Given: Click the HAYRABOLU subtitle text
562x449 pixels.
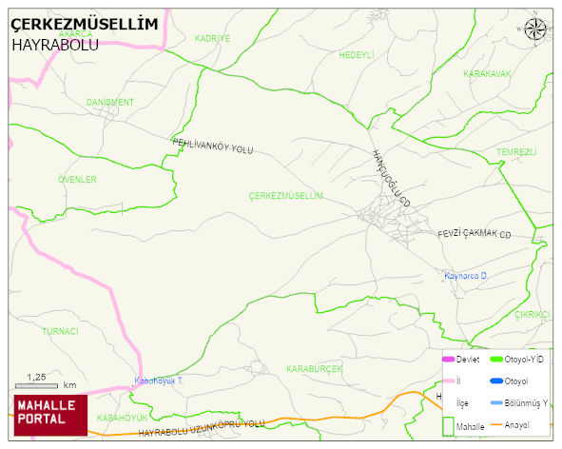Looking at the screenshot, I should (x=55, y=44).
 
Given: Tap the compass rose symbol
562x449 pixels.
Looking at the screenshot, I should (x=535, y=30).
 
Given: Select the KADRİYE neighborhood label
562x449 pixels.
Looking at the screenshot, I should (x=212, y=38).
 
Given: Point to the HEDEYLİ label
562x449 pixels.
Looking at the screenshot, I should (x=357, y=55).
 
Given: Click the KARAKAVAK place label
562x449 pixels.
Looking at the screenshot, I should (x=487, y=73).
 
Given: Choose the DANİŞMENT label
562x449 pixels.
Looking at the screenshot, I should (x=110, y=102).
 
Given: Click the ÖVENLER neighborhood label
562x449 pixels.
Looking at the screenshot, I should (x=77, y=179).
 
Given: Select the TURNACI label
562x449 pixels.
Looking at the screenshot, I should (x=60, y=331).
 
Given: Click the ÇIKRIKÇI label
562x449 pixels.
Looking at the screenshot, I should (x=532, y=314).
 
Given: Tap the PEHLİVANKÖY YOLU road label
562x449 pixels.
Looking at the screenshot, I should (x=212, y=146).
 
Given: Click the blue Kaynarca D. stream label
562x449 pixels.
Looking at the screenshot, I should (x=465, y=276).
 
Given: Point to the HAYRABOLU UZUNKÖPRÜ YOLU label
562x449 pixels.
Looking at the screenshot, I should (x=201, y=428).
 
